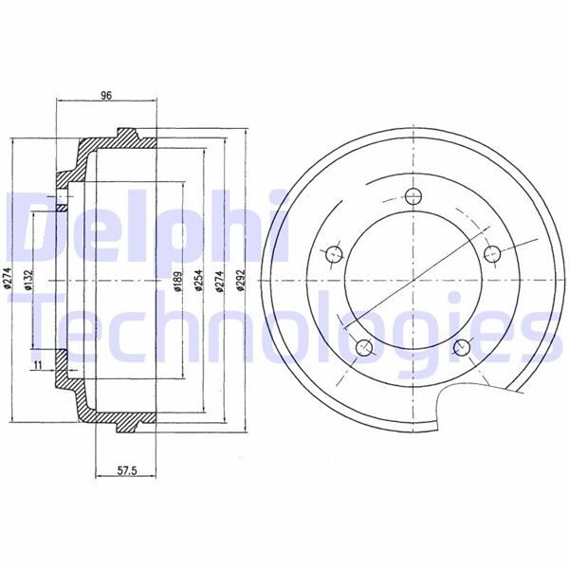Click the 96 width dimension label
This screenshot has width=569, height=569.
106,95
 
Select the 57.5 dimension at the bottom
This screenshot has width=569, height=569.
117,470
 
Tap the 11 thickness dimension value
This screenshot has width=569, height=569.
37,363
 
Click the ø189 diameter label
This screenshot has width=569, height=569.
178,282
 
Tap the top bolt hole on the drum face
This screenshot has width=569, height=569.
413,197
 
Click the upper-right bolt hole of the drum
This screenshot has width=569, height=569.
491,254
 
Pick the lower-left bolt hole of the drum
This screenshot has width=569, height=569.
363,347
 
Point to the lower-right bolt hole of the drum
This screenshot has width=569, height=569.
462,347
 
